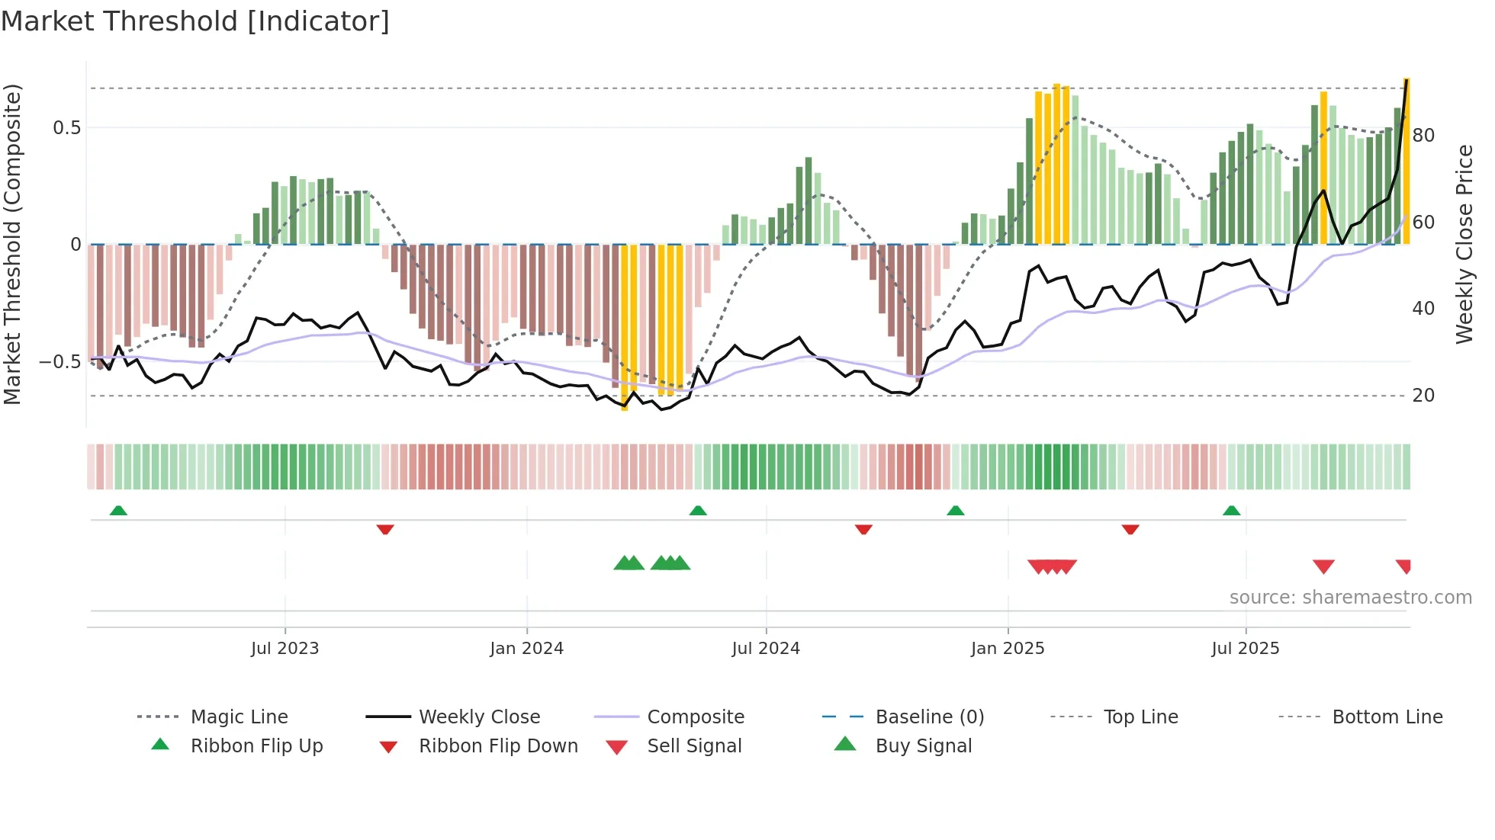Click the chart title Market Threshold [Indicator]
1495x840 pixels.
pyautogui.click(x=195, y=21)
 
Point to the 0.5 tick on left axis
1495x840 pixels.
pyautogui.click(x=67, y=128)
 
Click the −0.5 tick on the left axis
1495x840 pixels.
pyautogui.click(x=60, y=362)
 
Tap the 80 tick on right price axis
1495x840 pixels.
pyautogui.click(x=1423, y=136)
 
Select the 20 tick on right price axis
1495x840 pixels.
pyautogui.click(x=1423, y=396)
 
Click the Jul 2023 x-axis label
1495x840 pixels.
pyautogui.click(x=285, y=649)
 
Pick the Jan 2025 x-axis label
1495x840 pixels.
pyautogui.click(x=1008, y=649)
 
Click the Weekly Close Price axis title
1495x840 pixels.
pyautogui.click(x=1464, y=244)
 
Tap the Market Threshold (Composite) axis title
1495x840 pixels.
pyautogui.click(x=12, y=244)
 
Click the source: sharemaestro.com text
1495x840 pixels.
pyautogui.click(x=1350, y=598)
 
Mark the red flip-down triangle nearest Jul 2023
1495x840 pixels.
pyautogui.click(x=385, y=529)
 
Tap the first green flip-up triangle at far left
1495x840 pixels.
pyautogui.click(x=118, y=511)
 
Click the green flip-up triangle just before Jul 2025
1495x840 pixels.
pyautogui.click(x=1231, y=511)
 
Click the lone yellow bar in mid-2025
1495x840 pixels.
pyautogui.click(x=1323, y=168)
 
